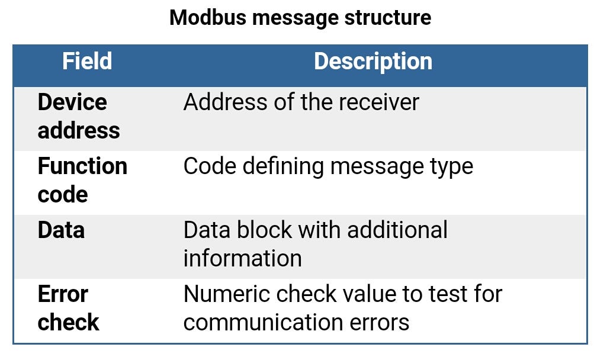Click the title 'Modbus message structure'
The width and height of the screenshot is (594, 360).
tap(300, 18)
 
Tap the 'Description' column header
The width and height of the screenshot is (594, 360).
tap(373, 62)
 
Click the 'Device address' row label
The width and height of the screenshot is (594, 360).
tap(79, 117)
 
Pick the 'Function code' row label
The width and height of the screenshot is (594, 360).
tap(82, 181)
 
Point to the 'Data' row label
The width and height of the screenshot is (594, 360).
tap(61, 230)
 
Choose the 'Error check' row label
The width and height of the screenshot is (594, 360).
tap(68, 308)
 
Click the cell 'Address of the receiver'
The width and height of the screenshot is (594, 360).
tap(301, 102)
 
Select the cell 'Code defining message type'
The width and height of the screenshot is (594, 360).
tap(328, 166)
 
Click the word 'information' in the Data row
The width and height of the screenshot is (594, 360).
tap(242, 259)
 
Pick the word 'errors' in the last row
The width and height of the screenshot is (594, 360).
tap(382, 323)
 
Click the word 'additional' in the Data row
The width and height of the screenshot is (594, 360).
tap(397, 230)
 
